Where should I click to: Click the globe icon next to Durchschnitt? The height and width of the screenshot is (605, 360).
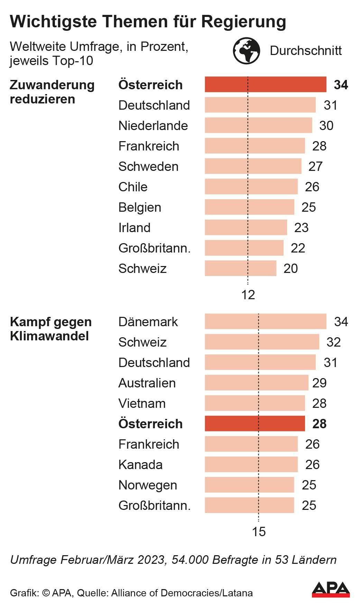(246, 51)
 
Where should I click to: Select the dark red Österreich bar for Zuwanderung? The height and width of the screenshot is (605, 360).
(265, 85)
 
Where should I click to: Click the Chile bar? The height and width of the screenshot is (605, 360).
(251, 187)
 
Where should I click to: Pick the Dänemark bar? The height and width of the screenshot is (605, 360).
(265, 321)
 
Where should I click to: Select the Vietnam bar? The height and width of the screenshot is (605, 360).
(255, 403)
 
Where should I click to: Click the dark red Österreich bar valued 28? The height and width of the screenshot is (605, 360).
(255, 424)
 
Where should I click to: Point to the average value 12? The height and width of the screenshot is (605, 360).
(248, 295)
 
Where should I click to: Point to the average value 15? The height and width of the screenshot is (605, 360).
(259, 532)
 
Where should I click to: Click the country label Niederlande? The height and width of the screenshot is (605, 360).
(153, 126)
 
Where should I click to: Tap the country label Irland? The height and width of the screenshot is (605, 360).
(134, 228)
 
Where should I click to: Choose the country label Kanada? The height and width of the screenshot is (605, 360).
(140, 465)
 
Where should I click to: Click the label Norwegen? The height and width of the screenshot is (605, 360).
(148, 485)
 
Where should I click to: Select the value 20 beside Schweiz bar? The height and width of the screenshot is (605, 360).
(290, 268)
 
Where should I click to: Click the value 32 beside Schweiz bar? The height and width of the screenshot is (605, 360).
(334, 342)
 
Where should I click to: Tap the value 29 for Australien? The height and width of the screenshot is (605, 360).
(319, 383)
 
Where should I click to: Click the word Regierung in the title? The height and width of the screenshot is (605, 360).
(243, 22)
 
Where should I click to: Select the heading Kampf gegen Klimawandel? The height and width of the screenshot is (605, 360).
(51, 329)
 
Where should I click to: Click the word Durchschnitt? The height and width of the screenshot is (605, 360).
(306, 51)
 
